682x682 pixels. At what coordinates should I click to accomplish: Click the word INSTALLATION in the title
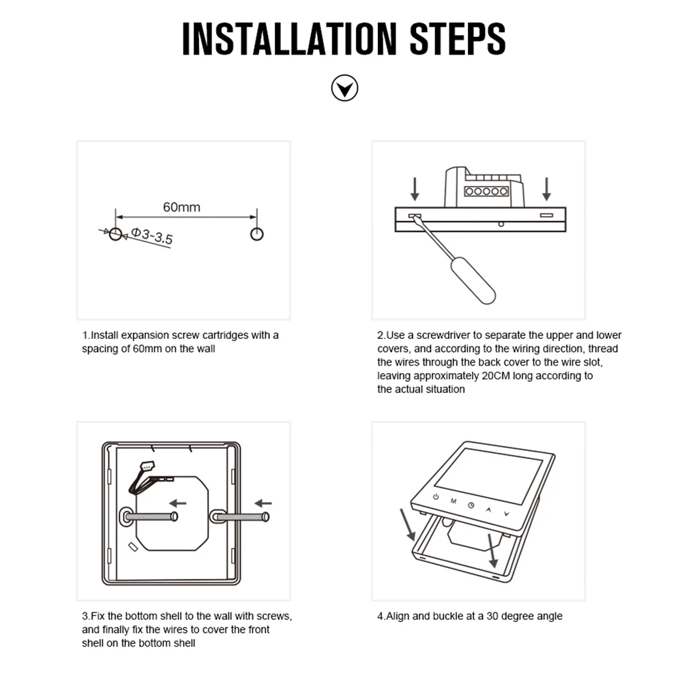point(290,39)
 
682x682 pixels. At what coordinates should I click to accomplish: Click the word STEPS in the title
point(458,39)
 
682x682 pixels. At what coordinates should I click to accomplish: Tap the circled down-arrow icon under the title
point(344,88)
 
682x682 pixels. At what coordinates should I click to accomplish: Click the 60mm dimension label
point(182,207)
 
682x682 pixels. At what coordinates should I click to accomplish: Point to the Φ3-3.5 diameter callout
point(152,236)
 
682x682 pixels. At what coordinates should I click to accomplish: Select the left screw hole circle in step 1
point(115,234)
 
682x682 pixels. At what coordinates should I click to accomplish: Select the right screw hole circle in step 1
point(257,234)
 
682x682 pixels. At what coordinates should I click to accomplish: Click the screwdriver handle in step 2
point(473,280)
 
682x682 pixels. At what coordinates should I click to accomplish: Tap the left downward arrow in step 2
point(415,189)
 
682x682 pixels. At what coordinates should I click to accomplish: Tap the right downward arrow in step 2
point(547,189)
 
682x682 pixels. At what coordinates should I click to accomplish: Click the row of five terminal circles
point(486,192)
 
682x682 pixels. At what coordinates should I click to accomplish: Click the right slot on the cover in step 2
point(547,215)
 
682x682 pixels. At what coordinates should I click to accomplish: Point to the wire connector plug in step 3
point(147,465)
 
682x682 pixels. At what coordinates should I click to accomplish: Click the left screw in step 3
point(151,517)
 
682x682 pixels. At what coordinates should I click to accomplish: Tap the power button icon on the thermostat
point(436,496)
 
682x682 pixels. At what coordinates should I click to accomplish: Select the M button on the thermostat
point(454,501)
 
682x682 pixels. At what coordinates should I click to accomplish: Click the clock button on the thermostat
point(471,505)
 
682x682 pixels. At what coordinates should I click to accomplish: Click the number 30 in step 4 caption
point(492,616)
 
